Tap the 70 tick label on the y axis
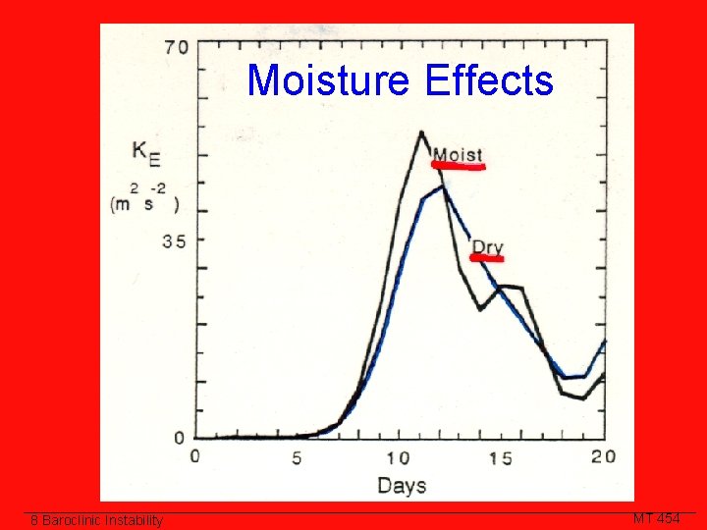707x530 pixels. [x=177, y=47]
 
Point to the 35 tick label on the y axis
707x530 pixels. [x=174, y=240]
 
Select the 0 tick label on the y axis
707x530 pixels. [x=180, y=438]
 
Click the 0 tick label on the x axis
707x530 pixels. [x=194, y=456]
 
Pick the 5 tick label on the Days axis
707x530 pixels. [x=298, y=457]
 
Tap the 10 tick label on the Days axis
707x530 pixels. [x=398, y=457]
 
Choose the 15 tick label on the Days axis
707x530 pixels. [x=501, y=457]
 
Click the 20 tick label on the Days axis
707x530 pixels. [x=603, y=456]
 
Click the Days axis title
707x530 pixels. [x=401, y=485]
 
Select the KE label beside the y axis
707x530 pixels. [x=145, y=154]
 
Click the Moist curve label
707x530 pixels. [x=458, y=154]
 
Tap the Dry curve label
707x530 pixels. [x=487, y=245]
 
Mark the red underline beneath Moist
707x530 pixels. [x=459, y=167]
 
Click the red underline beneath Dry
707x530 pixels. [x=487, y=259]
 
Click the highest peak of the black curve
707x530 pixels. [x=421, y=132]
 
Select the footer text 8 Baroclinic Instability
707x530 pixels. [x=95, y=520]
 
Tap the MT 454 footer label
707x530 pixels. [x=657, y=518]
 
